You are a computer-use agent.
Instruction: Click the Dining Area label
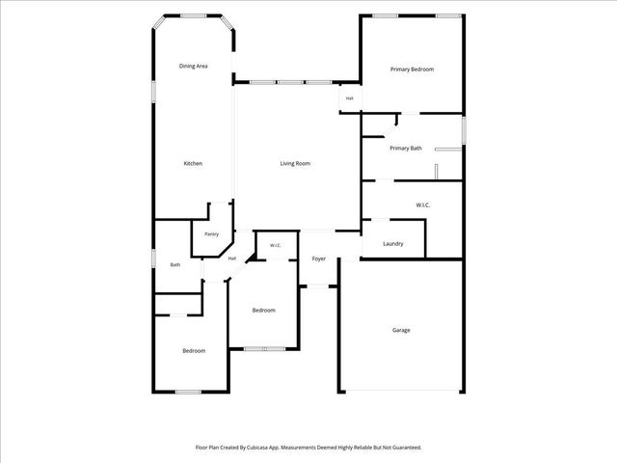click(193, 67)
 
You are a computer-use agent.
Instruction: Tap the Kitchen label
click(193, 163)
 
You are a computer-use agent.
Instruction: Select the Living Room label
click(295, 163)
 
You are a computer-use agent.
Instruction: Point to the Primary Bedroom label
click(412, 69)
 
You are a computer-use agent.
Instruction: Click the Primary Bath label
click(406, 149)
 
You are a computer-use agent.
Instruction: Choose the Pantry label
click(212, 234)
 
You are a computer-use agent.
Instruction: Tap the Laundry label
click(393, 244)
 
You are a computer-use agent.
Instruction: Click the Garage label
click(401, 330)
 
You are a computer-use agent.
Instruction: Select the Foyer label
click(319, 259)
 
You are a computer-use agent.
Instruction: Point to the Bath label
click(175, 265)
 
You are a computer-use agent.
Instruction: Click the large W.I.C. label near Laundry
click(423, 205)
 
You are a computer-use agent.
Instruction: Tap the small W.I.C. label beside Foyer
click(276, 246)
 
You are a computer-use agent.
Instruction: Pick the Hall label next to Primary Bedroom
click(349, 98)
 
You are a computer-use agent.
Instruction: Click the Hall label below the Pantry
click(232, 259)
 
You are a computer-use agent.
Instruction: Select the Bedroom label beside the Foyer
click(263, 311)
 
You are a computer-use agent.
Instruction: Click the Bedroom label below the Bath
click(194, 351)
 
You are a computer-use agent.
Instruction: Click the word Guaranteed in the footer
click(407, 448)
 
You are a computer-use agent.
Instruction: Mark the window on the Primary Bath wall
click(464, 130)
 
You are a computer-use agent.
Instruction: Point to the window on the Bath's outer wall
click(154, 259)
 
